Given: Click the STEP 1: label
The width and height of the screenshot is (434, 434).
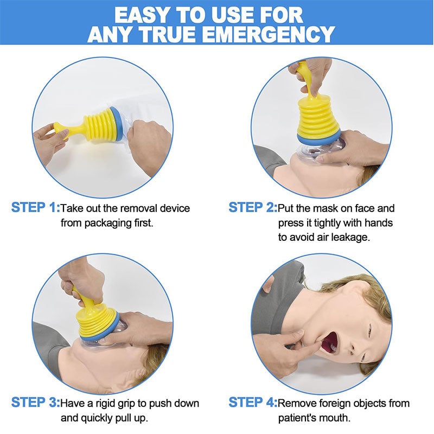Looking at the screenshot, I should [x=35, y=208].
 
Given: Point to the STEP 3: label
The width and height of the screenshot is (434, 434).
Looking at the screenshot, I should [x=35, y=403].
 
